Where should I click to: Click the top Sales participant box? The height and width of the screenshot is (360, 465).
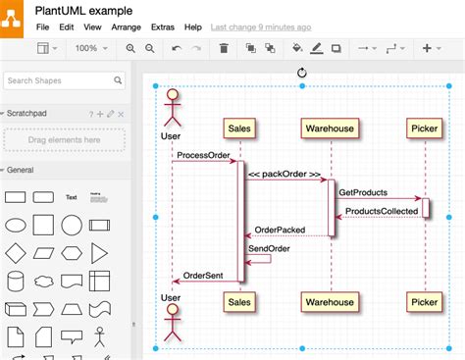pos(239,128)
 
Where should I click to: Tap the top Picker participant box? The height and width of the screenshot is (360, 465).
pos(425,128)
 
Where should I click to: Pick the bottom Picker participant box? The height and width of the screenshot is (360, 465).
pos(425,302)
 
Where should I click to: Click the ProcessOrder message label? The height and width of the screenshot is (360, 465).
pos(204,155)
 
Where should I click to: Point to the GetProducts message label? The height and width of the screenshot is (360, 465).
pos(363,192)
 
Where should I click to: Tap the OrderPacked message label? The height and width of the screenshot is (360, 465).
pos(281,230)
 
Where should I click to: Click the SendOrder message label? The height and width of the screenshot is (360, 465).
pos(268,248)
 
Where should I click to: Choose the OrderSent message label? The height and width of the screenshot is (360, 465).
pos(204,276)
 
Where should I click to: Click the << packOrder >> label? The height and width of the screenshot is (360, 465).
pos(284,175)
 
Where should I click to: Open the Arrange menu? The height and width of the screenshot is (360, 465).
pos(126,27)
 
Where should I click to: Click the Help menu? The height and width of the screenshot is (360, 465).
pos(193,27)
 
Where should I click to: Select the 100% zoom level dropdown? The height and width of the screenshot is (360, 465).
pos(91,48)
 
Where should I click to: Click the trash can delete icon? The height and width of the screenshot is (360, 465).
pos(224,48)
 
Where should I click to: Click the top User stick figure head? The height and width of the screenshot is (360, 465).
pos(172,95)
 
